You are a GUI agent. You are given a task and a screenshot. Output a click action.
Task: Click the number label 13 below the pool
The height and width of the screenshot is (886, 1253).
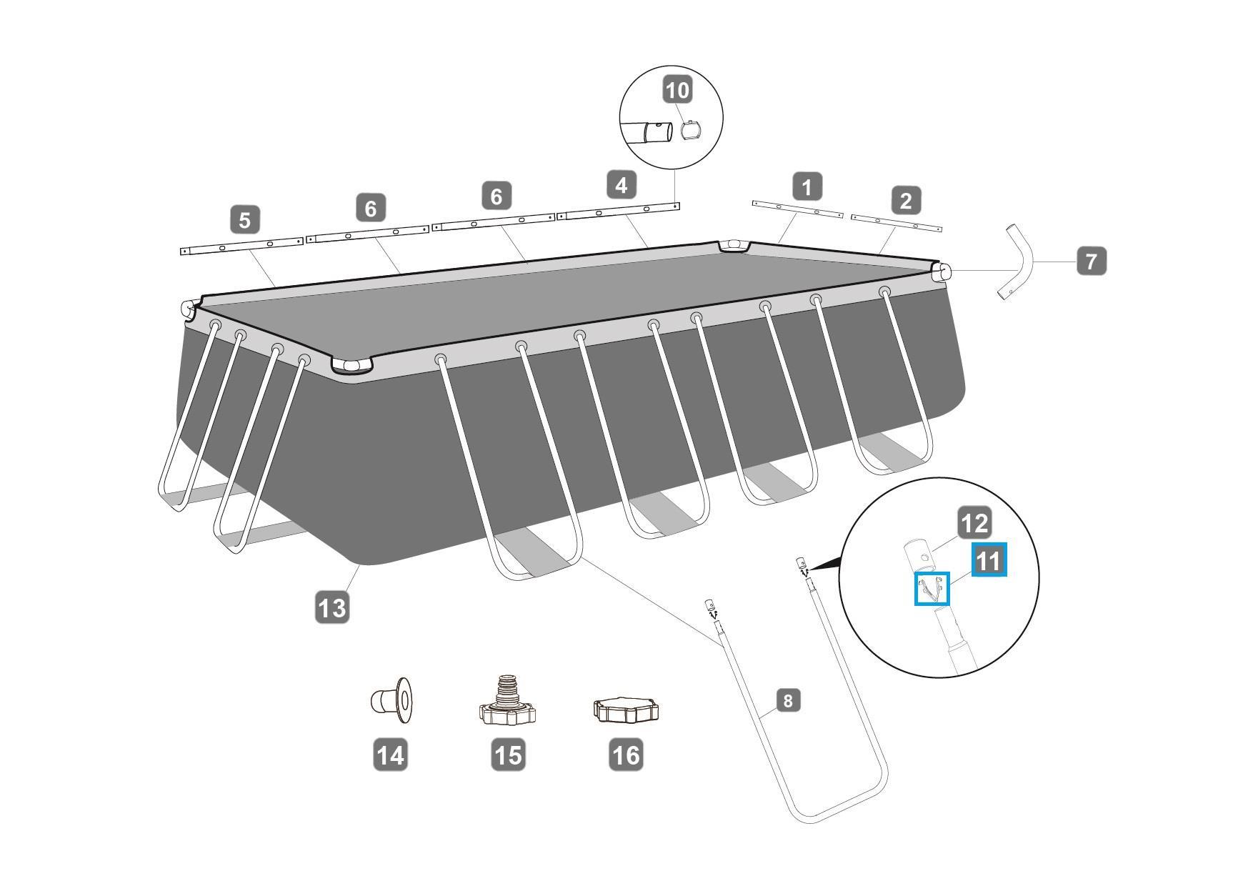332,608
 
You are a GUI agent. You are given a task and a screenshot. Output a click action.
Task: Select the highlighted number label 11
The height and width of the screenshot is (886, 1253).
989,560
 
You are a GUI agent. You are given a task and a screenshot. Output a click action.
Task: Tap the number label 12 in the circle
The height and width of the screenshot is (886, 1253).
974,524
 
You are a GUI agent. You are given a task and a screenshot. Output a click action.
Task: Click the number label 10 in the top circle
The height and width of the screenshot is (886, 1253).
677,90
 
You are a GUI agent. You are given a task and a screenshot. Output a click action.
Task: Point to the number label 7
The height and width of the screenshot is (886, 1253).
1091,262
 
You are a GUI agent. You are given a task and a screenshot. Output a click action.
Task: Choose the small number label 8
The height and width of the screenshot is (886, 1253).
788,700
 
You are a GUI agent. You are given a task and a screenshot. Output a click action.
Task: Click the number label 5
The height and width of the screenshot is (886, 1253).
245,220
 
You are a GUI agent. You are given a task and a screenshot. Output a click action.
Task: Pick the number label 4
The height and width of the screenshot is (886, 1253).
621,185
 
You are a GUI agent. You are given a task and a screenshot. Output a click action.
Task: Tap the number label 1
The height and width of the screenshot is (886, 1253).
807,187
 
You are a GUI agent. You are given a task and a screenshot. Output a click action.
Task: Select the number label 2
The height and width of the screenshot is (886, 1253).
906,201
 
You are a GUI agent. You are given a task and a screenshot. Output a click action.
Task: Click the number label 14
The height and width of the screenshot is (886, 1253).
390,755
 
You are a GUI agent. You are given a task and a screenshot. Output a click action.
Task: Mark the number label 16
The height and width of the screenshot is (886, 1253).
626,755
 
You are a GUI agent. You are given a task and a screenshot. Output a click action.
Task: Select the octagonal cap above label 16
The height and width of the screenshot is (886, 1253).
626,711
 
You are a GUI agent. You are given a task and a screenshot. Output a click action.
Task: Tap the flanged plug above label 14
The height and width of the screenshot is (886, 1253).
391,697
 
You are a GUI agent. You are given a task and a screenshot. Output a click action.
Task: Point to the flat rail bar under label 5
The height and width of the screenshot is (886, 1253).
242,246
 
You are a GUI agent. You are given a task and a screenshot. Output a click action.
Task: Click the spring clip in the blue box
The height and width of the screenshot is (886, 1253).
932,589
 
